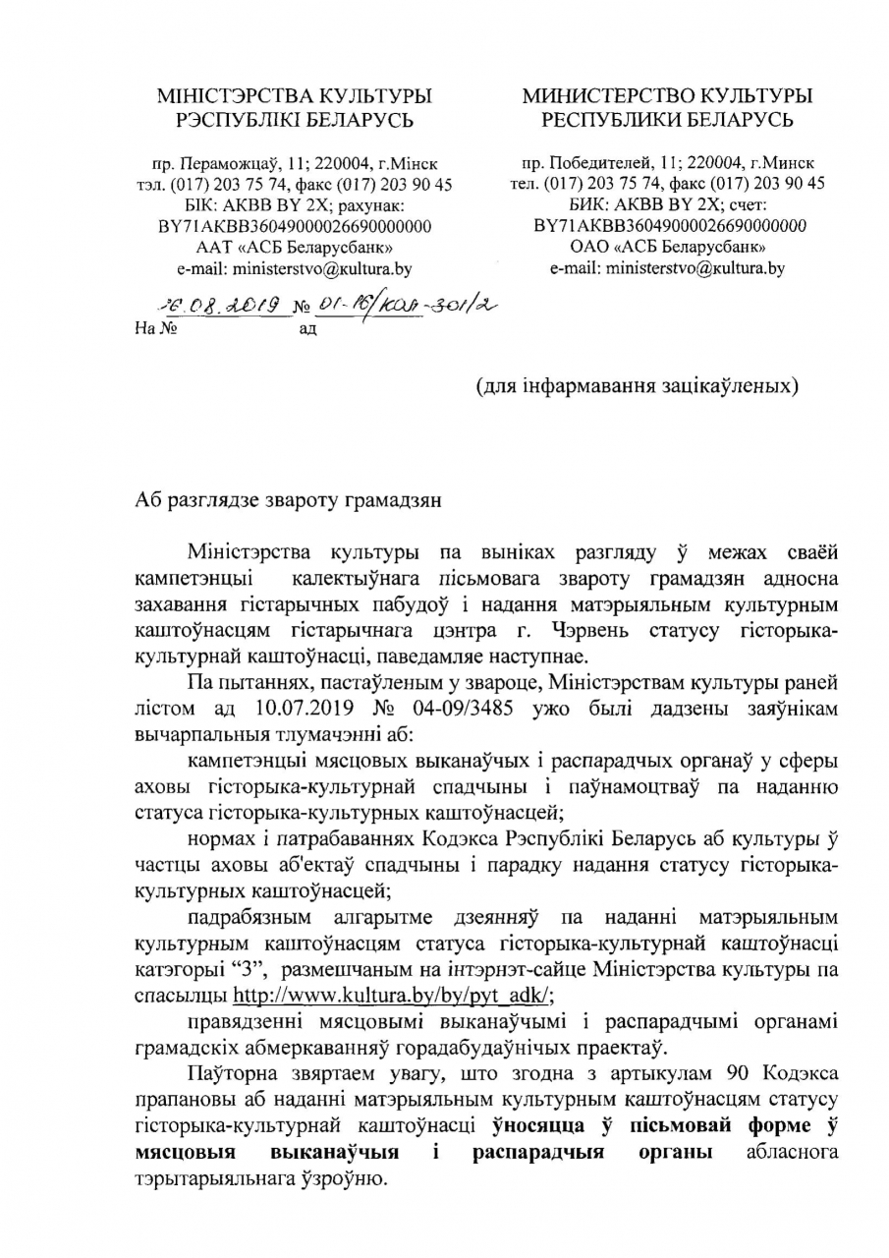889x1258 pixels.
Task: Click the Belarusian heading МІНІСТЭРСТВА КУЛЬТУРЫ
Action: tap(295, 95)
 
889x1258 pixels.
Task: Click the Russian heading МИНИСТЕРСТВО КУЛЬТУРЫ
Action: tap(667, 95)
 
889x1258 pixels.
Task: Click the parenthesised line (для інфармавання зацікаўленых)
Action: tap(637, 385)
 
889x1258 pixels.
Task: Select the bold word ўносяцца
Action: tap(536, 1122)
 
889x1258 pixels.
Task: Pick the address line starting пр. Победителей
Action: tap(668, 162)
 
